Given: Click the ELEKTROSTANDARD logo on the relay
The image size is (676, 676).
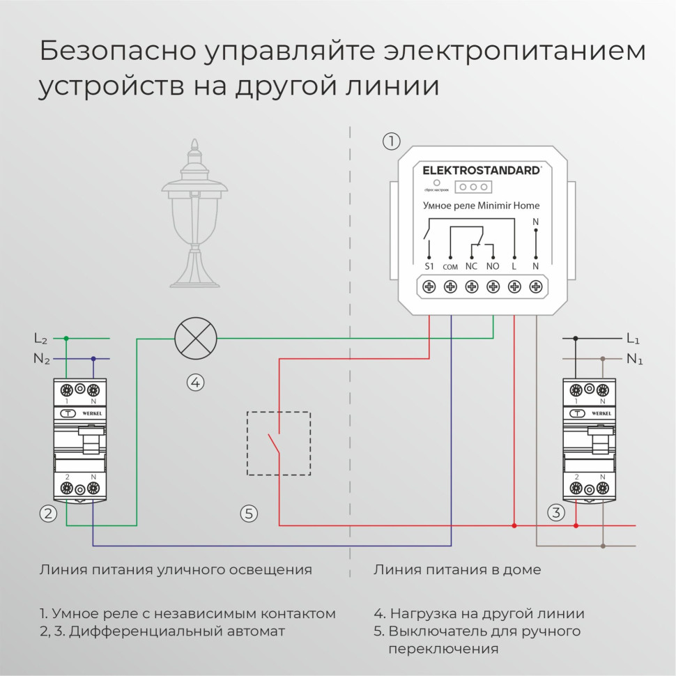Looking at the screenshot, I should coord(482,170).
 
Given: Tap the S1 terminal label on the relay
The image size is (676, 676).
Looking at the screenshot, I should coord(429,266).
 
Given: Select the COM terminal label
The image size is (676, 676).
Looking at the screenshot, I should coord(450,267).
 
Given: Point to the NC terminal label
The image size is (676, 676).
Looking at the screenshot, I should coord(471,266).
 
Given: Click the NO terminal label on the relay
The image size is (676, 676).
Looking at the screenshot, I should coord(493,266).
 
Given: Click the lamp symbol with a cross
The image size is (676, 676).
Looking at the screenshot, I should coord(195,339).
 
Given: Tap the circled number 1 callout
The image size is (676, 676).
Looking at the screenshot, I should coord(392,141).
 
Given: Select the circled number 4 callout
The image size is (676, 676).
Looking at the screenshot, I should coord(195,382).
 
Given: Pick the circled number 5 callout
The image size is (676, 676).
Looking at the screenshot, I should coord(249,514).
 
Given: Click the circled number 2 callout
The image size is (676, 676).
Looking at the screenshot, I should coord(47,514).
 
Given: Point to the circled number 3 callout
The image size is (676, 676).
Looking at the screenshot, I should coord(555,514).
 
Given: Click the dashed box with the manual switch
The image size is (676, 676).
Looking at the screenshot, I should coord(279,444).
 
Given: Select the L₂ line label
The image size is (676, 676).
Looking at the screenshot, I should coord(41,339).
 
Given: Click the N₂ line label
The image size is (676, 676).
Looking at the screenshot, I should coord(42,360).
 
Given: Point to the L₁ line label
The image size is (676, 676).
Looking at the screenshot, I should coord(633,339).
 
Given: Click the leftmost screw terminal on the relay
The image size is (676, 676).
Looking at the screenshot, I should coord(429,286).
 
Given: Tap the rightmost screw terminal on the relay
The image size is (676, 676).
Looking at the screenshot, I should coord(536,286).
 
